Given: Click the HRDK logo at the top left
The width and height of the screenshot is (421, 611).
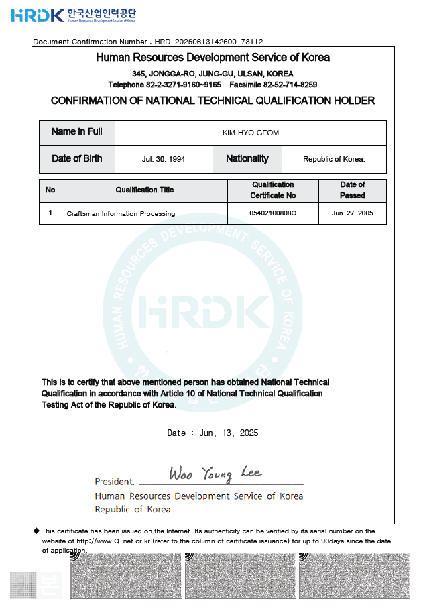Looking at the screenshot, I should coord(38,15).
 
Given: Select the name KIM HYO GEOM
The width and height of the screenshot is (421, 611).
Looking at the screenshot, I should coord(250,133).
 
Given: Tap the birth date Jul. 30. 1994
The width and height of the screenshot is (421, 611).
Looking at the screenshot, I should coord(164,159).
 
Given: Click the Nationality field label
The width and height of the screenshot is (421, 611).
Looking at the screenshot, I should coord(247,159).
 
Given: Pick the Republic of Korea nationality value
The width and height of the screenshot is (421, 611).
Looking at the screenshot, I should coord(333,159).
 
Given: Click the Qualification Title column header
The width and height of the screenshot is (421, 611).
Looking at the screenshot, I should coord(144,190).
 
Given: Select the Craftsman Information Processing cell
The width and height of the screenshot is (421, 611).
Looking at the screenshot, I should coord(121,214).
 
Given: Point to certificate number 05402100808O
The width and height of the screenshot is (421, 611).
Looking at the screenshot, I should coord(272,213).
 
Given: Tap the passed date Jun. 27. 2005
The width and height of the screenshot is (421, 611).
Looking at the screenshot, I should coord(352,213).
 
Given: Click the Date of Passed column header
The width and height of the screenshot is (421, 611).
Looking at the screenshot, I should coord(352,190).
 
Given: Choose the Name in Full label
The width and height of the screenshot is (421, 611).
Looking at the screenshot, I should coord(76,132).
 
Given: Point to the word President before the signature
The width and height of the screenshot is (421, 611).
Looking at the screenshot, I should coord(114,482).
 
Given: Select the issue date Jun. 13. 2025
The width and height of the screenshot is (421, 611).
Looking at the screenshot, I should coord(229,433).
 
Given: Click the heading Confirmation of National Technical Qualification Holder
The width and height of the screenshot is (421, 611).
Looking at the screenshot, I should coord(213,101).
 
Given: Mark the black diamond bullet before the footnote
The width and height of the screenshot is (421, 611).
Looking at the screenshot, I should coord(37,531).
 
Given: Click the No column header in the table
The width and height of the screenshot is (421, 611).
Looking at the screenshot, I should coord(50,190).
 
